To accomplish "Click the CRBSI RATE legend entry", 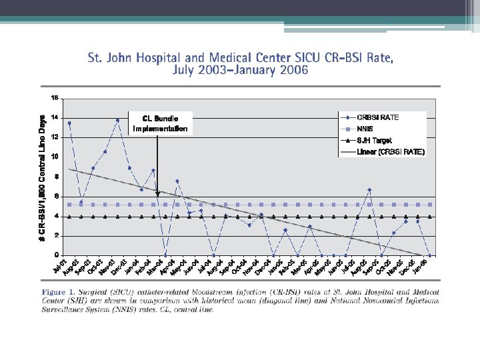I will pos(381,117).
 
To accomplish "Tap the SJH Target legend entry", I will pos(374,141).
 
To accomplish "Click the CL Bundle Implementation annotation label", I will pos(160,123).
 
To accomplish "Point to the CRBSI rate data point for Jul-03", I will pos(69,123).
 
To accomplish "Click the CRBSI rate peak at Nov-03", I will pos(117,120).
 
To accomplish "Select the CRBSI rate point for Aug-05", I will pos(369,190).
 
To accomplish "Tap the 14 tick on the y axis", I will pos(55,117).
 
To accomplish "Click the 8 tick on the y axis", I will pos(57,176).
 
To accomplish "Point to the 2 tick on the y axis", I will pos(57,235).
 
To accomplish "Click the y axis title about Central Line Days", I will pos(43,170).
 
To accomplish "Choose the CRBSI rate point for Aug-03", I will pos(81,201).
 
